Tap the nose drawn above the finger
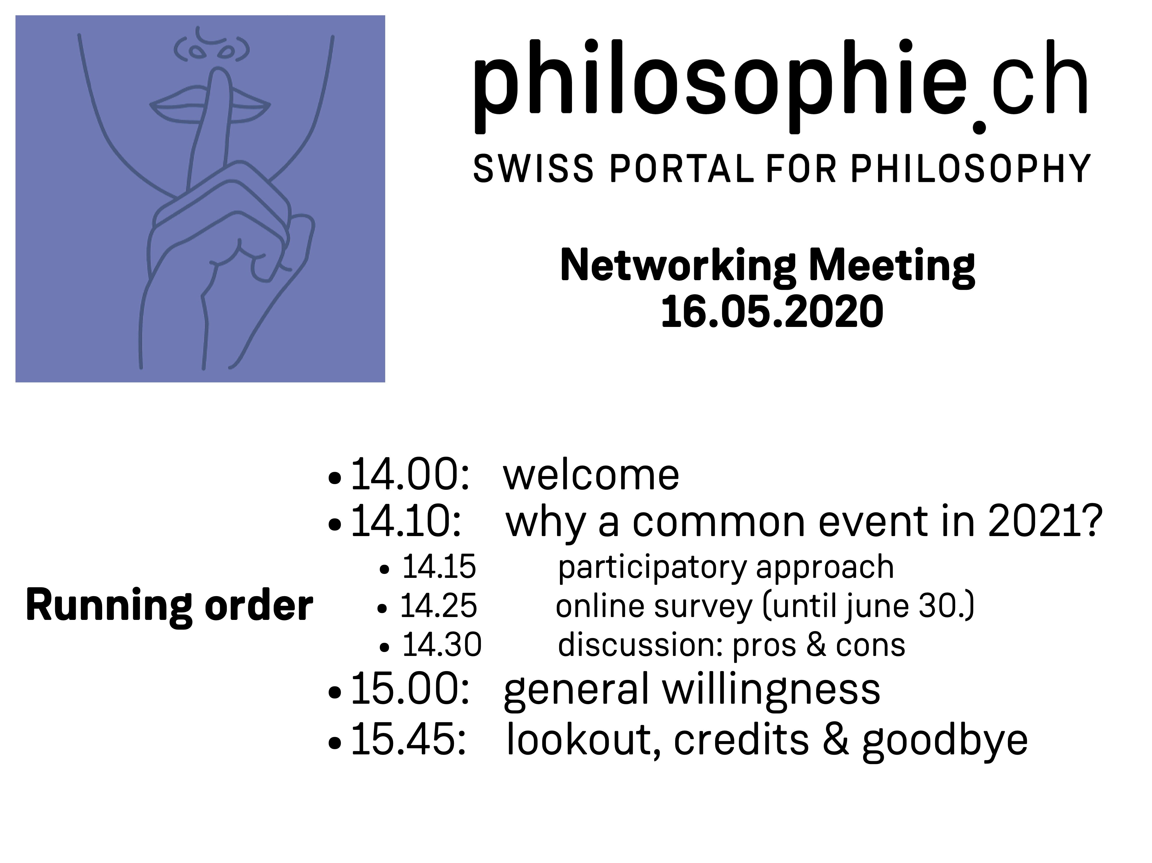(x=211, y=47)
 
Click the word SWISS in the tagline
(x=533, y=168)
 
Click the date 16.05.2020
(x=772, y=312)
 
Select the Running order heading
(x=169, y=606)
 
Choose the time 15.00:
(x=410, y=689)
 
